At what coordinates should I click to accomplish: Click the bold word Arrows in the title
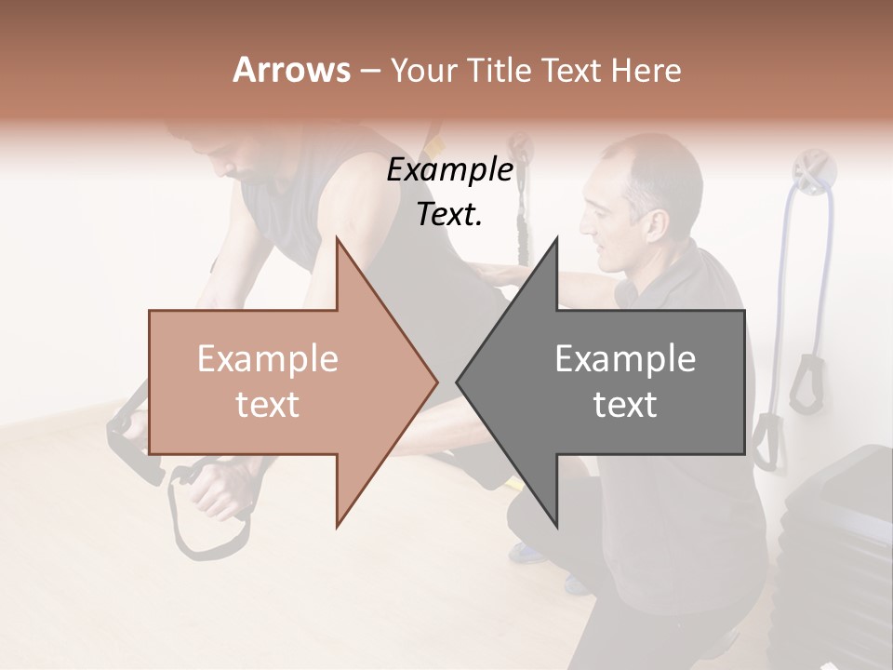click(x=290, y=70)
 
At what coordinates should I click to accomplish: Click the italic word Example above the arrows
click(x=450, y=169)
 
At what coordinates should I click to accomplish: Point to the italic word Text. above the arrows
click(x=450, y=214)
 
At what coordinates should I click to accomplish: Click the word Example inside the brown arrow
click(x=268, y=359)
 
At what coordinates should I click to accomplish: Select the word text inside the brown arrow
click(x=268, y=405)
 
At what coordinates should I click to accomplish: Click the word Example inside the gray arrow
click(x=625, y=359)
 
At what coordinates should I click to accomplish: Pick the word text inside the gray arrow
click(x=625, y=405)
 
